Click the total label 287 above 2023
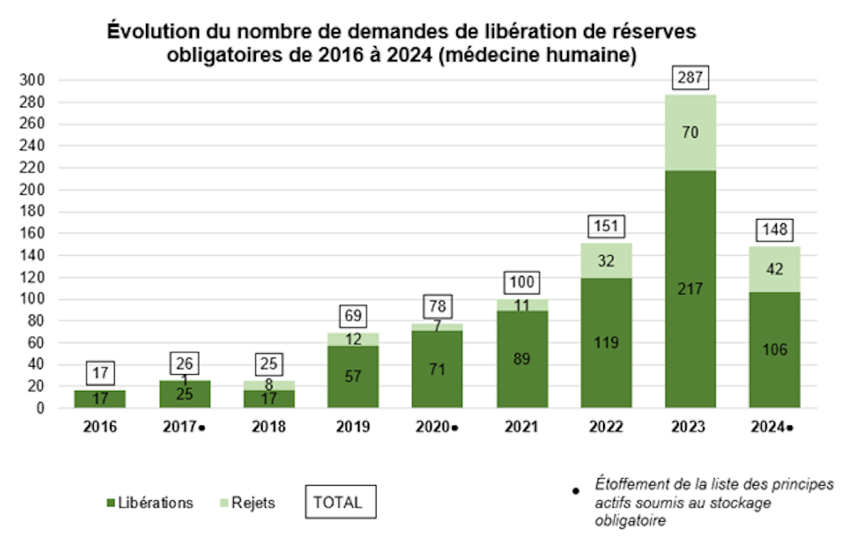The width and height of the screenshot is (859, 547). coord(691,79)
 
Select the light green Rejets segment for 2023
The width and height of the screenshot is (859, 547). coord(691,133)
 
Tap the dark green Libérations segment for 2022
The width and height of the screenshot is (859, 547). coord(606,342)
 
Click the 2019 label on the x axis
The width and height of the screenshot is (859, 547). coord(353,427)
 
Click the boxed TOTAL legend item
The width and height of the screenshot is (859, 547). coord(338,503)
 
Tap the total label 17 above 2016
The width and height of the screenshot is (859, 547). coord(99,372)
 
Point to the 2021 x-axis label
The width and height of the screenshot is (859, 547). coord(521,427)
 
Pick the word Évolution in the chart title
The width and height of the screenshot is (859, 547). coord(145,33)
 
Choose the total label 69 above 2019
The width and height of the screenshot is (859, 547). coord(353,316)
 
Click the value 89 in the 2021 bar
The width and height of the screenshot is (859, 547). coord(521,359)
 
